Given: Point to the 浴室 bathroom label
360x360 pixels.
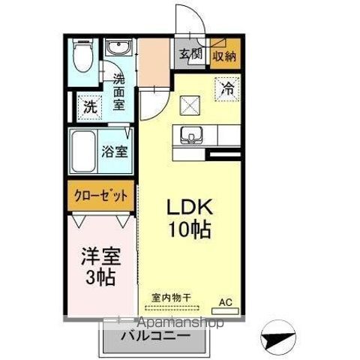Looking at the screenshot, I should (x=114, y=149).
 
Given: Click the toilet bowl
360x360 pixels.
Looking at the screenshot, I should (x=82, y=57).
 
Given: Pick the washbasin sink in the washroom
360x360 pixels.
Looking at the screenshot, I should (x=118, y=49).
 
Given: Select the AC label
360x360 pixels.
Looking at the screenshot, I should (x=225, y=302).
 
